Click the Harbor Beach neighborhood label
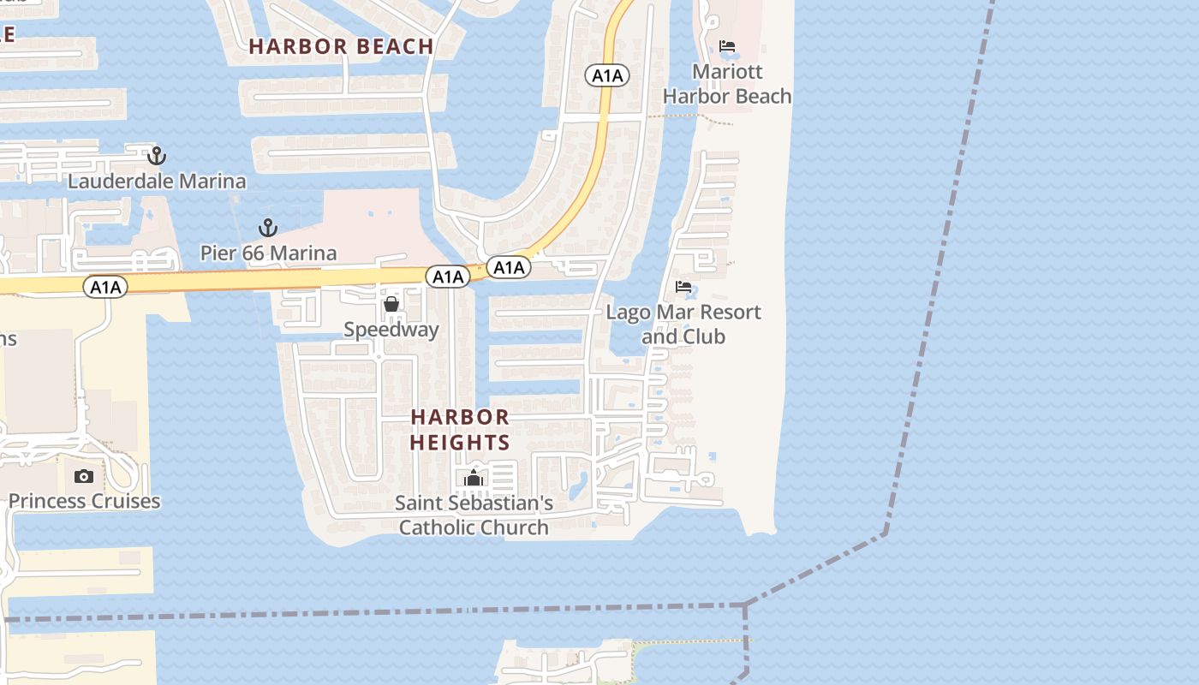pyautogui.click(x=341, y=46)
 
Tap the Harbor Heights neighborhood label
pyautogui.click(x=460, y=430)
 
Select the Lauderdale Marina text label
pyautogui.click(x=157, y=182)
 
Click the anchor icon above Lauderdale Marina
pyautogui.click(x=156, y=156)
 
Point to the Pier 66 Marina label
pyautogui.click(x=268, y=253)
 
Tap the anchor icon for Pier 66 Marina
pyautogui.click(x=268, y=228)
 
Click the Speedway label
pyautogui.click(x=391, y=330)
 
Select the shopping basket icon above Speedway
pyautogui.click(x=391, y=304)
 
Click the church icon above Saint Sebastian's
pyautogui.click(x=474, y=478)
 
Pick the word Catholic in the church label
pyautogui.click(x=439, y=527)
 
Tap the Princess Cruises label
pyautogui.click(x=84, y=501)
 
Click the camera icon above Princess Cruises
pyautogui.click(x=84, y=476)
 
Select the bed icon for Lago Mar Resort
pyautogui.click(x=683, y=287)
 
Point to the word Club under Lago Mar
pyautogui.click(x=704, y=337)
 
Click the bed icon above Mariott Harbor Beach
pyautogui.click(x=727, y=45)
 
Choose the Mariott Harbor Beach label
pyautogui.click(x=727, y=84)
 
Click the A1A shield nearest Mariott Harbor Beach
pyautogui.click(x=607, y=75)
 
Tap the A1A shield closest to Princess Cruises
pyautogui.click(x=105, y=287)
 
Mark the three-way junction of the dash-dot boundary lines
pyautogui.click(x=745, y=605)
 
